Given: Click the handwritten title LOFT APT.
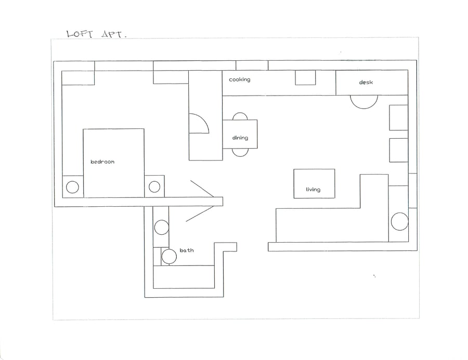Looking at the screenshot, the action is click(x=97, y=34).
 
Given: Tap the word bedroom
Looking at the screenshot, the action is click(x=102, y=162).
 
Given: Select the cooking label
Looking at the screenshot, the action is click(x=239, y=79).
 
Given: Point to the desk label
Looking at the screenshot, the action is click(x=366, y=82).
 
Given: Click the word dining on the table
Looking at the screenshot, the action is click(x=240, y=138).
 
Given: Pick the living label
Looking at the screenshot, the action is click(x=313, y=190).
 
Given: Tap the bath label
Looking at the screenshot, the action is click(x=187, y=250).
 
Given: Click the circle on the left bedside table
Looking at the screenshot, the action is click(x=72, y=188).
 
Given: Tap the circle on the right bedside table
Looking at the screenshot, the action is click(x=154, y=187).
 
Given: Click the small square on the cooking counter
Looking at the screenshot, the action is click(x=305, y=77).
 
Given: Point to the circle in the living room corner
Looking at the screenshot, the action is click(x=399, y=221).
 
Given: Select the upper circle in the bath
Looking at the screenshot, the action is click(x=162, y=228).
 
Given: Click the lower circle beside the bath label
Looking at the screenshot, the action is click(x=169, y=257).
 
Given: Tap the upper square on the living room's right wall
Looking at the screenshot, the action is click(x=398, y=117).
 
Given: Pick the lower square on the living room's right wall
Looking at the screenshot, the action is click(x=398, y=150).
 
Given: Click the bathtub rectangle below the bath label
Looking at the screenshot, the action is click(x=184, y=277).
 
